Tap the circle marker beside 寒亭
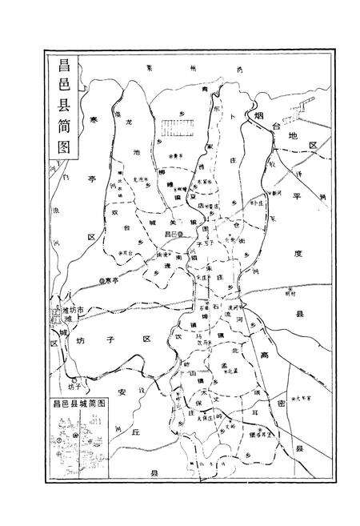[101, 279]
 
